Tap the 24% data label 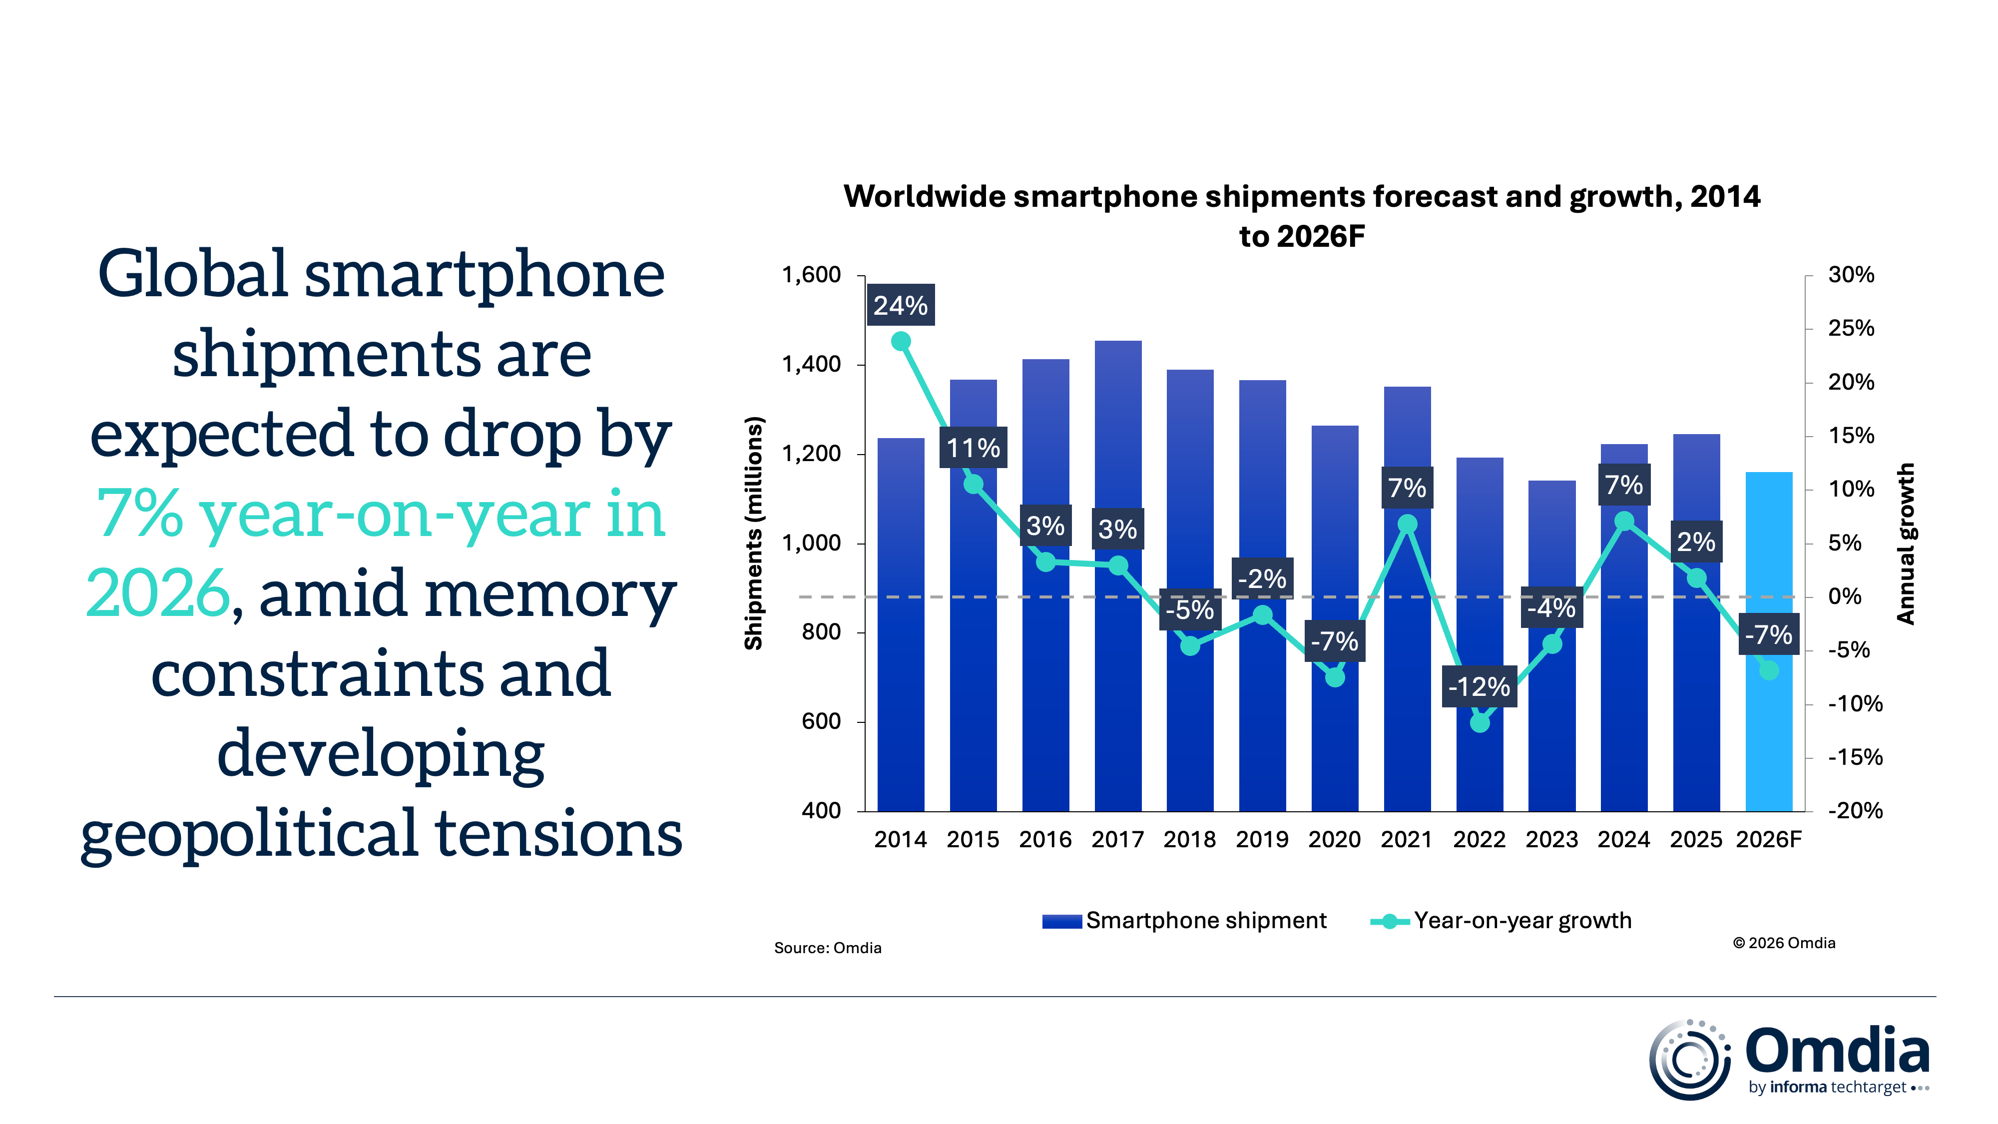click(901, 306)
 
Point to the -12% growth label click(1479, 686)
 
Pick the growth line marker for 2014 click(901, 341)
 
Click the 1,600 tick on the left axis click(811, 275)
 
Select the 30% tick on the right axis click(1851, 275)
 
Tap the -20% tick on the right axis click(1855, 811)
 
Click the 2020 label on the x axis click(1334, 839)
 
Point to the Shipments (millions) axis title click(754, 534)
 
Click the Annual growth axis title click(1906, 543)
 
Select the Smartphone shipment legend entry click(1184, 921)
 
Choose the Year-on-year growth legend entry click(1501, 921)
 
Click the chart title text click(1302, 216)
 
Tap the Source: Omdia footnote click(828, 948)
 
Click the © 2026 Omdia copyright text click(1784, 943)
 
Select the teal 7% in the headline click(140, 514)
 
